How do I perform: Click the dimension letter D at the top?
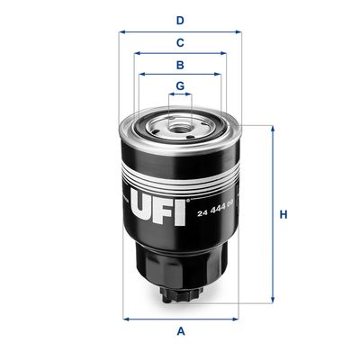coord(180,20)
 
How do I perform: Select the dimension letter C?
coord(180,42)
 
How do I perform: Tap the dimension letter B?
coord(180,65)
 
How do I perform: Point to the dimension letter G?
coord(180,86)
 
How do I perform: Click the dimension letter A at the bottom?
coord(180,331)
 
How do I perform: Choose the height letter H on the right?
coord(283,214)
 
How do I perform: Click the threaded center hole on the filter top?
coord(181,125)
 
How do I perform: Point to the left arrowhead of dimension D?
coord(122,31)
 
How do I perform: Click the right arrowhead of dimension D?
coord(238,31)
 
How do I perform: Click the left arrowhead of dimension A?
coord(125,318)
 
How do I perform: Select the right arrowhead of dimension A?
coord(236,318)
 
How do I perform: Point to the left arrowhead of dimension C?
coord(138,53)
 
